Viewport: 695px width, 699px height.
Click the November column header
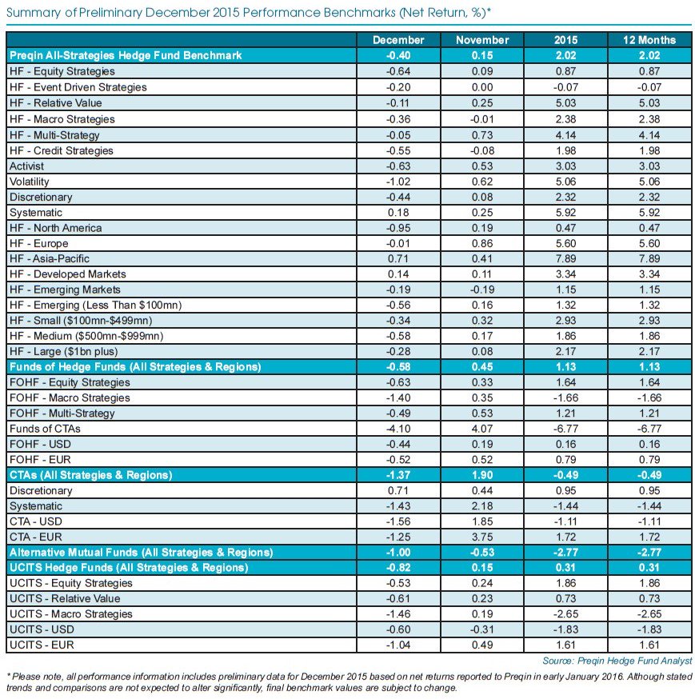pos(481,40)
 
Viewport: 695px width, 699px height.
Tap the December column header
pos(397,40)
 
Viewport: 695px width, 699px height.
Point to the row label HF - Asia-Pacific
pos(50,258)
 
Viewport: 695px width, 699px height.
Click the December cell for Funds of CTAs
pos(397,429)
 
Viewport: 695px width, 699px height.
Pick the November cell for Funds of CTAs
pos(481,429)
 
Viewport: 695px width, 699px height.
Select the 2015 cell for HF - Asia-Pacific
pos(565,258)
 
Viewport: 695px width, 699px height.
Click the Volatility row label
pos(29,181)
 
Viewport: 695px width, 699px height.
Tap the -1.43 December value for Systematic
pos(397,506)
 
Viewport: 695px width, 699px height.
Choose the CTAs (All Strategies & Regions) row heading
pos(90,475)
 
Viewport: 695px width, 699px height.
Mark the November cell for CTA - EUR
pos(481,537)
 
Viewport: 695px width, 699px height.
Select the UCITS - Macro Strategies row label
pos(68,614)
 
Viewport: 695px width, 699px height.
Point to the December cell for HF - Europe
pos(397,243)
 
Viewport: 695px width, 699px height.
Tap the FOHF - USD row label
pos(38,444)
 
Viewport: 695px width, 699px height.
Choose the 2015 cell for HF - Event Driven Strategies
pos(565,87)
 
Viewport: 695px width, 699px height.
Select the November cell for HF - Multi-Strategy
pos(481,134)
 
